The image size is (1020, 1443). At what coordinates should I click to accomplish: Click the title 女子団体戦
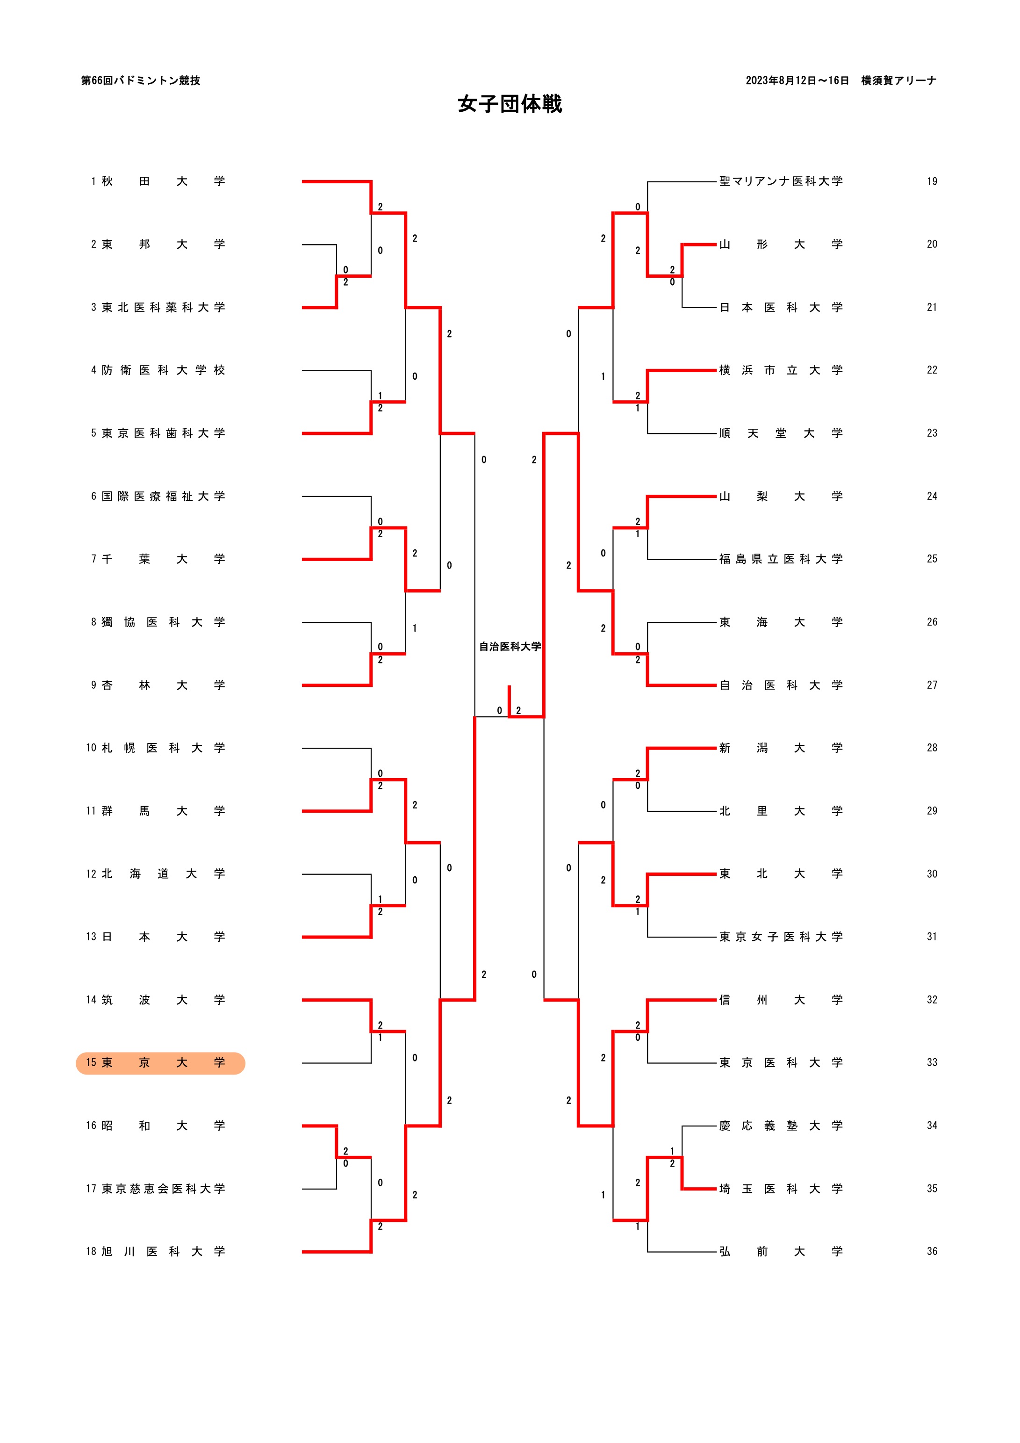pyautogui.click(x=509, y=104)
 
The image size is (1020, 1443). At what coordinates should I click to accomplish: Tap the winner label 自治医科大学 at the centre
pyautogui.click(x=510, y=646)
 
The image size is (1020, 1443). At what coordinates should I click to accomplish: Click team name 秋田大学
pyautogui.click(x=162, y=181)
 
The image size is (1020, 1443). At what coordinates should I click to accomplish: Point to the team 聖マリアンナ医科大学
pyautogui.click(x=781, y=181)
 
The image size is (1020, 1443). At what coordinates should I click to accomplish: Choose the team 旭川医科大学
pyautogui.click(x=162, y=1251)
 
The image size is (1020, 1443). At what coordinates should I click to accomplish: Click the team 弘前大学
pyautogui.click(x=781, y=1251)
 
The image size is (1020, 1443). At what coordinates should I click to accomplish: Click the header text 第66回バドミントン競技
pyautogui.click(x=141, y=80)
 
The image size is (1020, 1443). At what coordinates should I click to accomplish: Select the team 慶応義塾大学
pyautogui.click(x=781, y=1126)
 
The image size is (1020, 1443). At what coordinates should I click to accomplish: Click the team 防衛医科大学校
pyautogui.click(x=162, y=370)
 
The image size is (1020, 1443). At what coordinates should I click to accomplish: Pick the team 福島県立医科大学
pyautogui.click(x=781, y=559)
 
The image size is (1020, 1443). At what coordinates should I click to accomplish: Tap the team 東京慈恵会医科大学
pyautogui.click(x=162, y=1189)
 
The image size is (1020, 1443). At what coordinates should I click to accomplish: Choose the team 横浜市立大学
pyautogui.click(x=781, y=370)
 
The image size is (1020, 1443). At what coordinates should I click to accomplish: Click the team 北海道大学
pyautogui.click(x=162, y=873)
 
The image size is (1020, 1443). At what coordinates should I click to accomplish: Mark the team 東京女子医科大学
pyautogui.click(x=781, y=937)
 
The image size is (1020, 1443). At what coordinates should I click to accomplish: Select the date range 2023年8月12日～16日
pyautogui.click(x=797, y=80)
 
